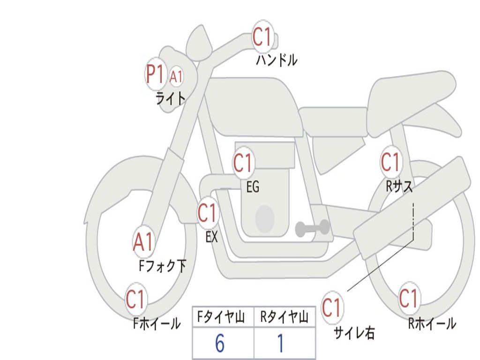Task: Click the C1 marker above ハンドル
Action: coord(262,37)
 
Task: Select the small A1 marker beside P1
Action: coord(176,76)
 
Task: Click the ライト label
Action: coord(171,98)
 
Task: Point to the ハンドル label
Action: coord(277,60)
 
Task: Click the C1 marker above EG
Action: coord(243,163)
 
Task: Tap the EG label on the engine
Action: coord(253,187)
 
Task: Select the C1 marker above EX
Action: coord(208,213)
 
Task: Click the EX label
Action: coord(211,237)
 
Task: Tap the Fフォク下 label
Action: coord(162,266)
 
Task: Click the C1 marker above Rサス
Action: coord(391,162)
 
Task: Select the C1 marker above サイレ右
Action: coord(332,307)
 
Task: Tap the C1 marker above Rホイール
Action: coord(409,298)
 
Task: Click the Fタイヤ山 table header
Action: coord(221,317)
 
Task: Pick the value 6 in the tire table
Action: coord(220,343)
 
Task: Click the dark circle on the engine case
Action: coord(265,218)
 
